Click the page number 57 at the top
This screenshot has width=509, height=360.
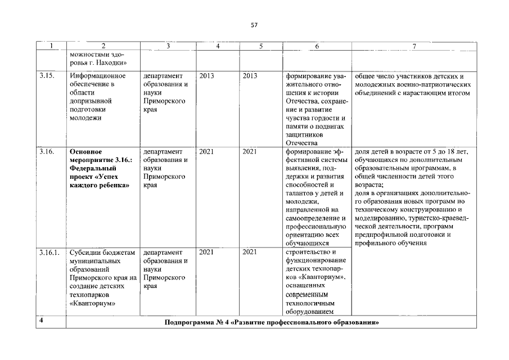pyautogui.click(x=254, y=25)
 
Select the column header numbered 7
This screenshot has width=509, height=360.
pyautogui.click(x=414, y=46)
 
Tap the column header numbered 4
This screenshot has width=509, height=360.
pyautogui.click(x=217, y=46)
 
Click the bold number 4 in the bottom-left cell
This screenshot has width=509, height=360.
pyautogui.click(x=40, y=321)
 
